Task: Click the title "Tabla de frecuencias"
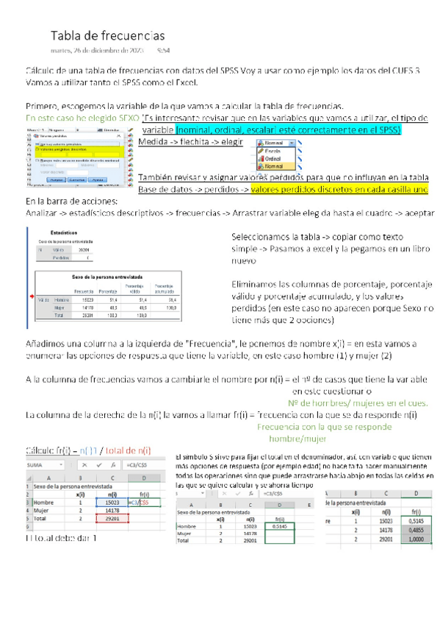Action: [107, 36]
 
